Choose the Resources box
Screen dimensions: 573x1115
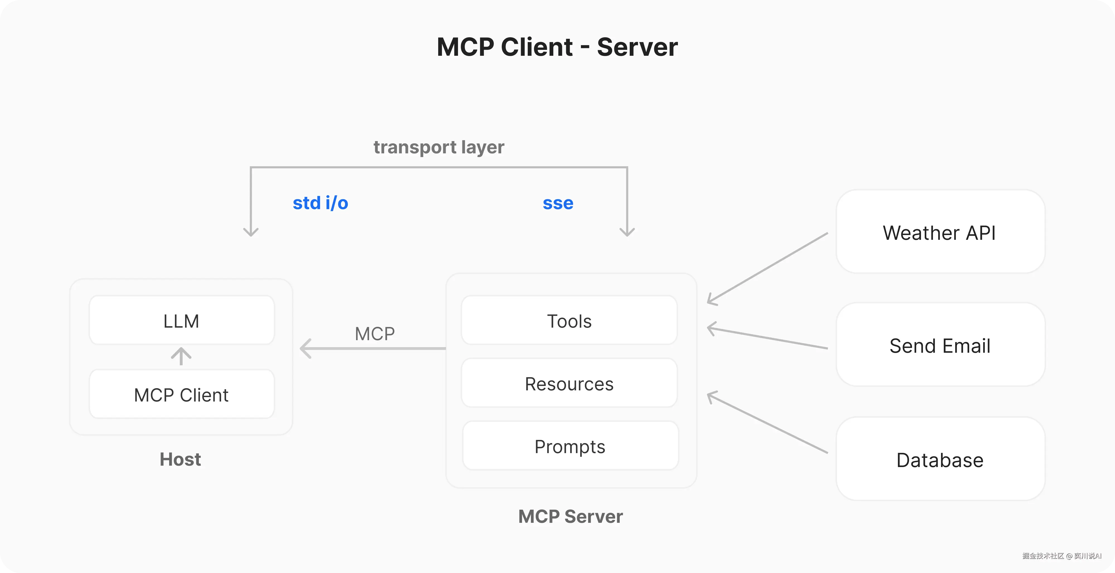pyautogui.click(x=569, y=384)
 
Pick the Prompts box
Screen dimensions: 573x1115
pyautogui.click(x=570, y=446)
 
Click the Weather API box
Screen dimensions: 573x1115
pyautogui.click(x=940, y=233)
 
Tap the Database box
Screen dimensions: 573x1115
pyautogui.click(x=940, y=460)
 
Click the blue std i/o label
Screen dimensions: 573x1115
pyautogui.click(x=320, y=203)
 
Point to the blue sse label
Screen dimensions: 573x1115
pyautogui.click(x=558, y=203)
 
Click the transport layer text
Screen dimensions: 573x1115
pyautogui.click(x=438, y=147)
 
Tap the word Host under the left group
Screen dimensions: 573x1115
pyautogui.click(x=180, y=459)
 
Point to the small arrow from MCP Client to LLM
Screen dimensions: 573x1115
pyautogui.click(x=181, y=356)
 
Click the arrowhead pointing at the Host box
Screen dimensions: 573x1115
pyautogui.click(x=306, y=349)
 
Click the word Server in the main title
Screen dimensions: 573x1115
pyautogui.click(x=637, y=47)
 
